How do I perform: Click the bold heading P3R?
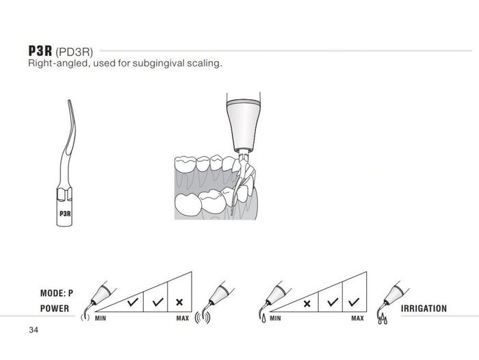coord(40,51)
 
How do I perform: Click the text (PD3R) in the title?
coord(74,52)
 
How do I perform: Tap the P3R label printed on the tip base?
coord(65,214)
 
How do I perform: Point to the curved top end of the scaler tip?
coord(69,102)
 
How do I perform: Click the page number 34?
coord(34,330)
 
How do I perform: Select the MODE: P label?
coord(57,294)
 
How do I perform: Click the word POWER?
coord(55,309)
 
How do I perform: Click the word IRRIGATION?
coord(424,309)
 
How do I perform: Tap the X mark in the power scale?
coord(179,303)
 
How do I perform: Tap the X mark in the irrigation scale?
coord(307,303)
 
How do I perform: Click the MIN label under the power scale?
coord(101,318)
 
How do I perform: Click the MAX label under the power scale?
coord(183,318)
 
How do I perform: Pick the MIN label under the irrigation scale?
coord(275,318)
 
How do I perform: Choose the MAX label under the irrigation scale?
coord(357,318)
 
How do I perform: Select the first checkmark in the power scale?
coord(133,302)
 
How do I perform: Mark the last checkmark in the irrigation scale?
coord(354,302)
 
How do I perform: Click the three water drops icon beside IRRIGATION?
coord(383,320)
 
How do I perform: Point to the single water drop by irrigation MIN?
coord(263,319)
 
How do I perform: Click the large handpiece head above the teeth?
coord(244,125)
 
